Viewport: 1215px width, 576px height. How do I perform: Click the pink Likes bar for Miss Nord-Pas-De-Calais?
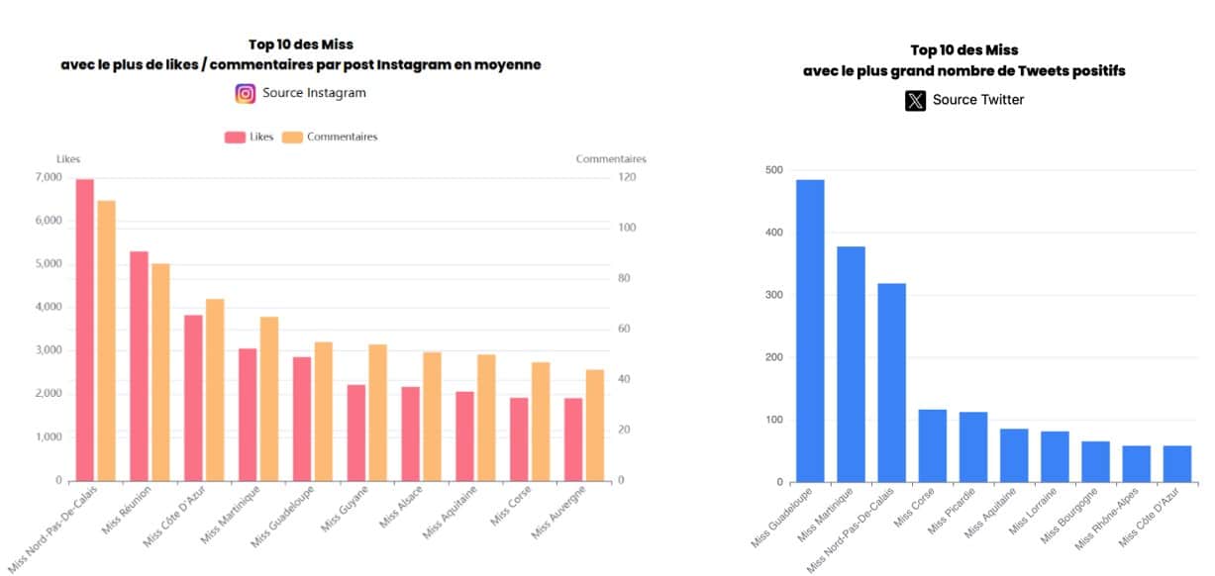click(85, 330)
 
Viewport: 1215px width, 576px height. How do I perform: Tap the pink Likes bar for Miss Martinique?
click(247, 414)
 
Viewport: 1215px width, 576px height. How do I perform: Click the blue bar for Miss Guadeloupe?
click(810, 331)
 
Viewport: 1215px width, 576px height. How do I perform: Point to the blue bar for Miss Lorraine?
click(1055, 456)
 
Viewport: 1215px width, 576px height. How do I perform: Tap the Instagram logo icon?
click(246, 93)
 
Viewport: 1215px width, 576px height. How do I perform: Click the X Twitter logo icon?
click(915, 100)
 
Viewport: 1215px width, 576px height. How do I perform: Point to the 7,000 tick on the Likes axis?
click(48, 177)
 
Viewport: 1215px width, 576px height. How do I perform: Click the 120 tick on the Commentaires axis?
click(627, 177)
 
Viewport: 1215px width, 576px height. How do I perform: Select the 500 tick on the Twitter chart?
click(773, 170)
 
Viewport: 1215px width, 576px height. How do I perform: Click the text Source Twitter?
click(978, 100)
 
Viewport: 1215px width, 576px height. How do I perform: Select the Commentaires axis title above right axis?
click(611, 158)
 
